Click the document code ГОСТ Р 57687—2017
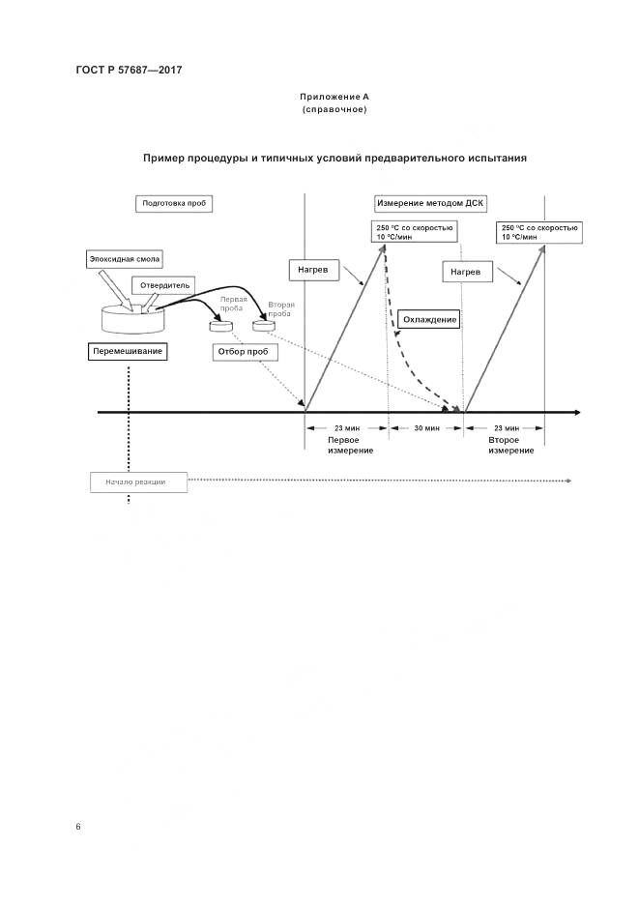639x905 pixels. tap(128, 70)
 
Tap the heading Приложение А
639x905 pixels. tap(334, 97)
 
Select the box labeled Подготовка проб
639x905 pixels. tap(175, 204)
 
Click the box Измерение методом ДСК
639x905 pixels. tap(431, 204)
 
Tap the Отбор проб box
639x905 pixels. tap(246, 352)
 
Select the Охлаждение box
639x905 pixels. tap(427, 319)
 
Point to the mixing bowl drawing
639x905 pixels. tap(132, 320)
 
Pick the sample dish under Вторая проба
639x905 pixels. tap(263, 327)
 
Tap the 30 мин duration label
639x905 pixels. tap(426, 426)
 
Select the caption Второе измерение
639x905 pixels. tap(510, 445)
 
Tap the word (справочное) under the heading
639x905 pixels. tap(334, 109)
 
